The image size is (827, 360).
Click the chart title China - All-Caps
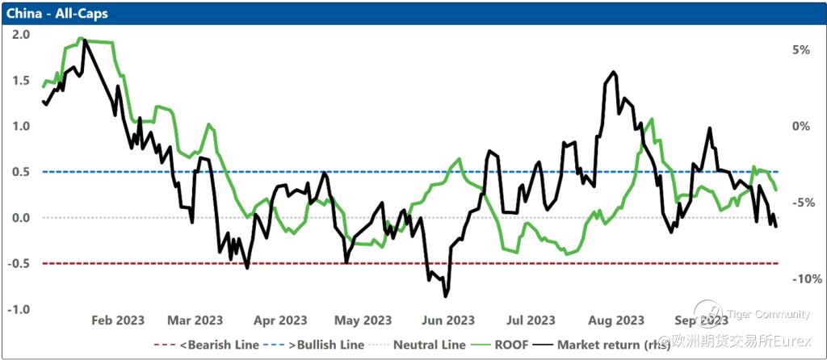pos(57,13)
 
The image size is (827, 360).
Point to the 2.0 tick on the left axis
pos(21,35)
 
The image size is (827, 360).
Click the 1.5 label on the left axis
pos(21,81)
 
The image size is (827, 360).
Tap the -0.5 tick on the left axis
pos(19,264)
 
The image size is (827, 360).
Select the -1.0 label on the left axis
pos(19,310)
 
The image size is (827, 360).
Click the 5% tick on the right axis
pos(800,50)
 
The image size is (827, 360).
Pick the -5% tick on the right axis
pos(803,203)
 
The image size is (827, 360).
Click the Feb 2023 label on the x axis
pos(118,320)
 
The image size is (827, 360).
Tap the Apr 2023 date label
pos(281,320)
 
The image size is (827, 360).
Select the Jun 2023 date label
pos(448,320)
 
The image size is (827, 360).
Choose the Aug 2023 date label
pos(618,320)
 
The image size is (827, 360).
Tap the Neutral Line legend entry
pos(429,345)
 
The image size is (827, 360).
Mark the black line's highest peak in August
pos(615,72)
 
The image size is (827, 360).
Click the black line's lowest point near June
pos(445,295)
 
